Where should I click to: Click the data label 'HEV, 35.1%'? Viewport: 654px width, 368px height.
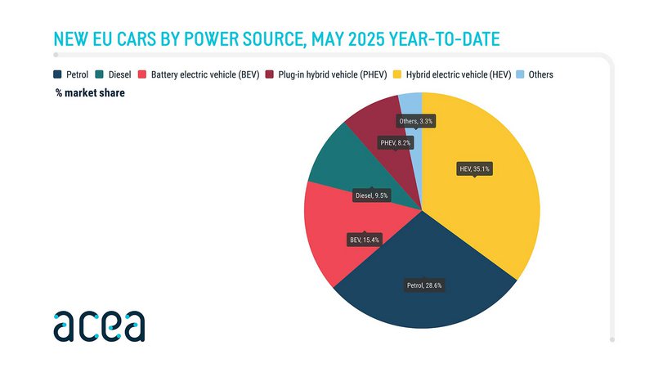click(x=475, y=169)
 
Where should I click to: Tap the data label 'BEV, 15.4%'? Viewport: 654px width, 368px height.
click(x=365, y=240)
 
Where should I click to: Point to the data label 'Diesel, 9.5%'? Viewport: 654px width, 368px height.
click(x=372, y=195)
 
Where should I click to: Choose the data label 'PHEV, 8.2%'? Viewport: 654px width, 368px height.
click(x=396, y=142)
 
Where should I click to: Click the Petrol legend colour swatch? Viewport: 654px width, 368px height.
click(x=57, y=74)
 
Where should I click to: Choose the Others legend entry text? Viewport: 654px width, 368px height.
click(x=540, y=74)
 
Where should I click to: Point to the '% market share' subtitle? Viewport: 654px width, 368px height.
click(x=90, y=92)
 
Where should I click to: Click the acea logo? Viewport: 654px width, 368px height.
click(x=99, y=325)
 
